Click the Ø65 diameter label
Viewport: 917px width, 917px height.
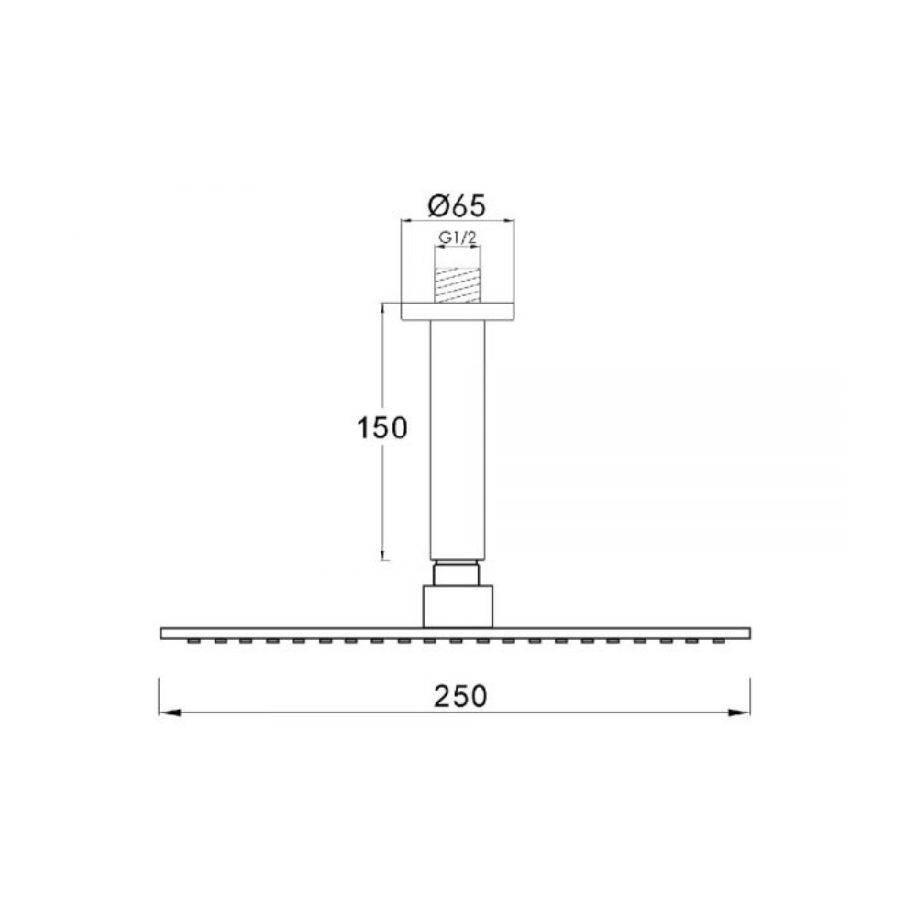(x=457, y=204)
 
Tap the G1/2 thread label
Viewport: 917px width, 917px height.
(x=456, y=239)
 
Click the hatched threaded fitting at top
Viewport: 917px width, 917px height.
(x=456, y=283)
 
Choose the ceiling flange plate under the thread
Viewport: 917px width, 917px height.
(x=457, y=310)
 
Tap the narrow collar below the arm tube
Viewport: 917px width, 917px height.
(x=456, y=572)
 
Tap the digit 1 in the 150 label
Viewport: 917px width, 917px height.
(x=362, y=428)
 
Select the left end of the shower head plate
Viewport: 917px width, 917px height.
(x=163, y=633)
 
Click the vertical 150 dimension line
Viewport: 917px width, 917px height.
(x=382, y=495)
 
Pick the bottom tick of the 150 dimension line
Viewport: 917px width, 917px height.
(x=383, y=558)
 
